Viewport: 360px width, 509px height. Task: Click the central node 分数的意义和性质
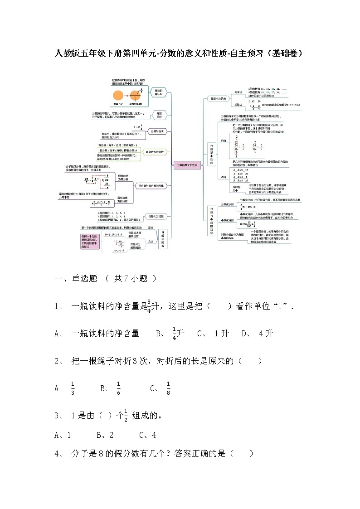pos(187,166)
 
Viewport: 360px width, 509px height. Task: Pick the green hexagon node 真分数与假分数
pos(154,152)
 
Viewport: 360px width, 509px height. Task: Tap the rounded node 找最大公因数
pos(153,216)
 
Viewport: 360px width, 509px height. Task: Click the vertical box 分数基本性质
pos(211,154)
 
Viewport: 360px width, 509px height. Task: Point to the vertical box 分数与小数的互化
pos(211,221)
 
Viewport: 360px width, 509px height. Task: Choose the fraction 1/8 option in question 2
pos(168,388)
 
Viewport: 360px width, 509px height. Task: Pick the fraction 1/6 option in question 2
pos(118,388)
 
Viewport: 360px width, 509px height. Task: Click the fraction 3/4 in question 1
pos(149,306)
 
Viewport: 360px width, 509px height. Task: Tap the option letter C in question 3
pos(142,435)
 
